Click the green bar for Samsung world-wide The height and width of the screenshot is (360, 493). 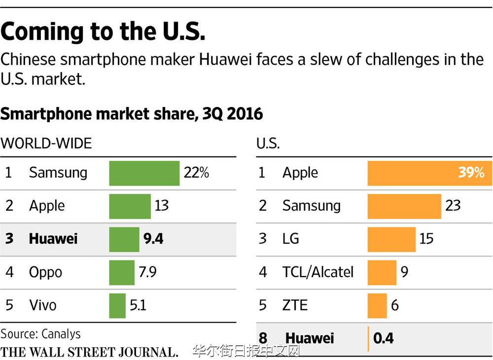pos(144,173)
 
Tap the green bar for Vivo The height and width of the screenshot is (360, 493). pos(117,305)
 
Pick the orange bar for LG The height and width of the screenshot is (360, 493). pos(391,239)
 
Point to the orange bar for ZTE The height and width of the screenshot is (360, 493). pos(377,305)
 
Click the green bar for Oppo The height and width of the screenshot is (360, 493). pos(121,272)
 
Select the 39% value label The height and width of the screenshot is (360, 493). pos(471,173)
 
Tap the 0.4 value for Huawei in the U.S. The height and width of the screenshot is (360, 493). pos(384,338)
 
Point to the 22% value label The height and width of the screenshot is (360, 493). pos(196,173)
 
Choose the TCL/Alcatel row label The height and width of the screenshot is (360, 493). pos(318,272)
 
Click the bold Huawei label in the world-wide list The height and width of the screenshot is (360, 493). pos(53,239)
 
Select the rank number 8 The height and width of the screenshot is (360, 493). pos(263,338)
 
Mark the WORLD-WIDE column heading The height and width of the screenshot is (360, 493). pos(46,144)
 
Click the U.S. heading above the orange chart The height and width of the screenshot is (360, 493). pos(268,144)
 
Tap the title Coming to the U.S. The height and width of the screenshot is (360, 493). pos(103,32)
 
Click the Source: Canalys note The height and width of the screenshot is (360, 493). pos(40,334)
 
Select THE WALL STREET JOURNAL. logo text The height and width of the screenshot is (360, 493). pos(89,352)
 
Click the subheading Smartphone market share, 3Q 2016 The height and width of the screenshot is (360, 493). pos(132,114)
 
